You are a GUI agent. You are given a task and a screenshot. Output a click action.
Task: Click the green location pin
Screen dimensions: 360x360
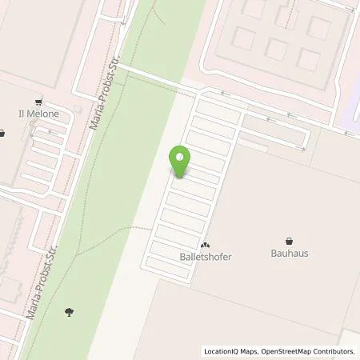181,161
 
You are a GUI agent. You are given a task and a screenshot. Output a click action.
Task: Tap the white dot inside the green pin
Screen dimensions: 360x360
181,157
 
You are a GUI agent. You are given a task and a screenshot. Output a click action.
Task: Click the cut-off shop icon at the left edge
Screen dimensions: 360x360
2,134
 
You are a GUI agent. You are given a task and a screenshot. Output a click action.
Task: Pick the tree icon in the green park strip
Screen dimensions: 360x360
70,311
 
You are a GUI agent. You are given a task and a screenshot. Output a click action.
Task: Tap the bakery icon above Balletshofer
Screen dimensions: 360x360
205,245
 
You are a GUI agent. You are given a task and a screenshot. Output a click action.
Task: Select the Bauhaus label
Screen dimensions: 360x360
290,253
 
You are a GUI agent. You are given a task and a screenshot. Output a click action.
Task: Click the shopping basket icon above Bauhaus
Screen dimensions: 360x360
290,239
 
